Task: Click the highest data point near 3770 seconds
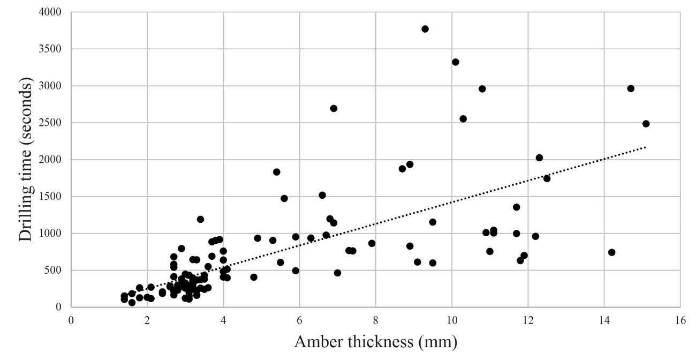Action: coord(425,29)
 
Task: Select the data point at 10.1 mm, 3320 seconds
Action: coord(456,62)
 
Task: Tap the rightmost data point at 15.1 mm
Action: coord(646,124)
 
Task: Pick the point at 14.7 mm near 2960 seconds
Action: coord(631,88)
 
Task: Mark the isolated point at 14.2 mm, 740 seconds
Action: coord(612,252)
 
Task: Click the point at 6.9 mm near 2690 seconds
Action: coord(334,108)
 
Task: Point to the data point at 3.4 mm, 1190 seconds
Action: coord(200,219)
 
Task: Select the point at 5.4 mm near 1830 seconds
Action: coord(277,172)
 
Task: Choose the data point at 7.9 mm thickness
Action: coord(372,243)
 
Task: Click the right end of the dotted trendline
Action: coord(646,147)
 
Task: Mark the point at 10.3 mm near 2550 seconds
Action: coord(463,119)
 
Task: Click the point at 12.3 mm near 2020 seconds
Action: coord(539,157)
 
